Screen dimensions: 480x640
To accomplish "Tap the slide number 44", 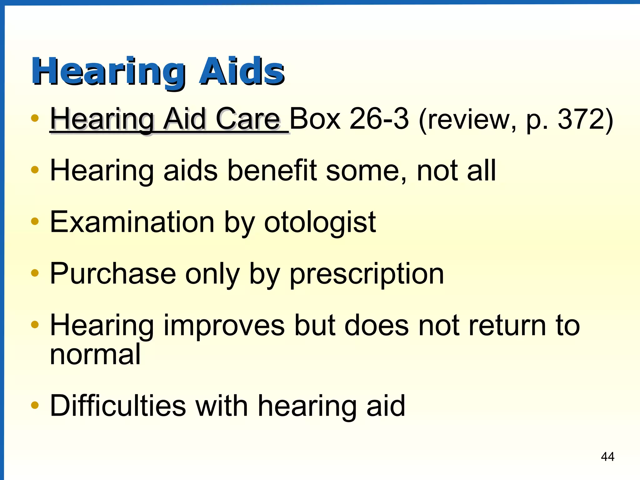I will (x=607, y=457).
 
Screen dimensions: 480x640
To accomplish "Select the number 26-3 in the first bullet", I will (x=379, y=119).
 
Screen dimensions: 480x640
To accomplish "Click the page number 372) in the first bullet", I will (x=586, y=119).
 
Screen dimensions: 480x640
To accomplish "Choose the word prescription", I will (x=367, y=274).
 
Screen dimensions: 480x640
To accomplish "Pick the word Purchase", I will (x=112, y=274).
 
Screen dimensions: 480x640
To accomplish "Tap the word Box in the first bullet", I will (x=315, y=119).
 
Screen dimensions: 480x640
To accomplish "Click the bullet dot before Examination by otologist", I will (x=35, y=222).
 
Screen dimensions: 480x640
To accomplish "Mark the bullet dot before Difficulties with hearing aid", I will (x=35, y=406).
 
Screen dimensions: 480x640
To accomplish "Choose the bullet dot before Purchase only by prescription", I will (x=35, y=273).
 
